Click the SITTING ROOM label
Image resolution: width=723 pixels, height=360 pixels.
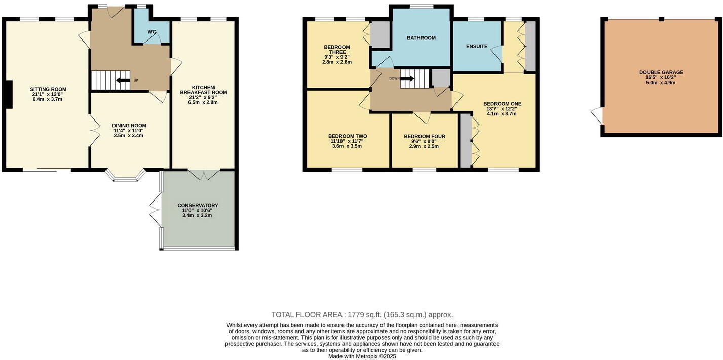pos(48,89)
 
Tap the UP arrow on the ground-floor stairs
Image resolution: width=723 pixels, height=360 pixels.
pos(122,80)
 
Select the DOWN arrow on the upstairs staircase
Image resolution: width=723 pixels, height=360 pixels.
pos(408,78)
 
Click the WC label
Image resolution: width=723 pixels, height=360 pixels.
pos(151,32)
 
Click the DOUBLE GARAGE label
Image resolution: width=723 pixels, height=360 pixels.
pos(661,72)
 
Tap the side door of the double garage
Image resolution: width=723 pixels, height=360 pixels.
pos(597,116)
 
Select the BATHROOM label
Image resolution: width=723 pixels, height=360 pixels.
pos(421,38)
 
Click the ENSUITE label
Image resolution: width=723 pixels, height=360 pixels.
pos(476,47)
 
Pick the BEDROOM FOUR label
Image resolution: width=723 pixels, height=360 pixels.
pos(425,136)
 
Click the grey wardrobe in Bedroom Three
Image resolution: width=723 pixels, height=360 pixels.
pos(380,33)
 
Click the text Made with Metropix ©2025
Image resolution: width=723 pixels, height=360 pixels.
pos(362,356)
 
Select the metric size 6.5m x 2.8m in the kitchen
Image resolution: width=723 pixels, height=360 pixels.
pos(203,102)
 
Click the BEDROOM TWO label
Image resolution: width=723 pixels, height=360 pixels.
pos(348,136)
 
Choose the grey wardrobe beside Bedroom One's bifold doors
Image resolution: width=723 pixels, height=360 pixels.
pos(465,141)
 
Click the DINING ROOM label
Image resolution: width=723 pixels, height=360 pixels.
pos(129,126)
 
